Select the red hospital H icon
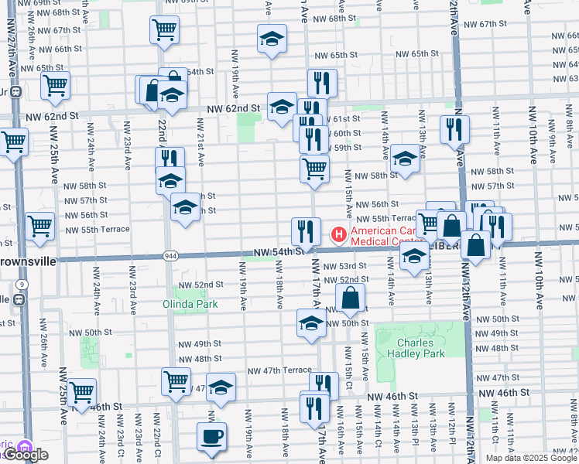coord(338,234)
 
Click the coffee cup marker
coord(211,437)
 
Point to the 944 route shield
coord(171,255)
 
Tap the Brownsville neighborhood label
coord(28,261)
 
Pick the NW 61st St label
coord(344,118)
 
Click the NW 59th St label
coord(346,147)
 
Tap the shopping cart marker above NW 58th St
coord(313,169)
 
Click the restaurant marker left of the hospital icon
coord(306,231)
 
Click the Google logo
coord(26,455)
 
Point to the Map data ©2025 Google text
coord(530,458)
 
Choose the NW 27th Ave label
coord(12,46)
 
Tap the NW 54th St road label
coord(276,252)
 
